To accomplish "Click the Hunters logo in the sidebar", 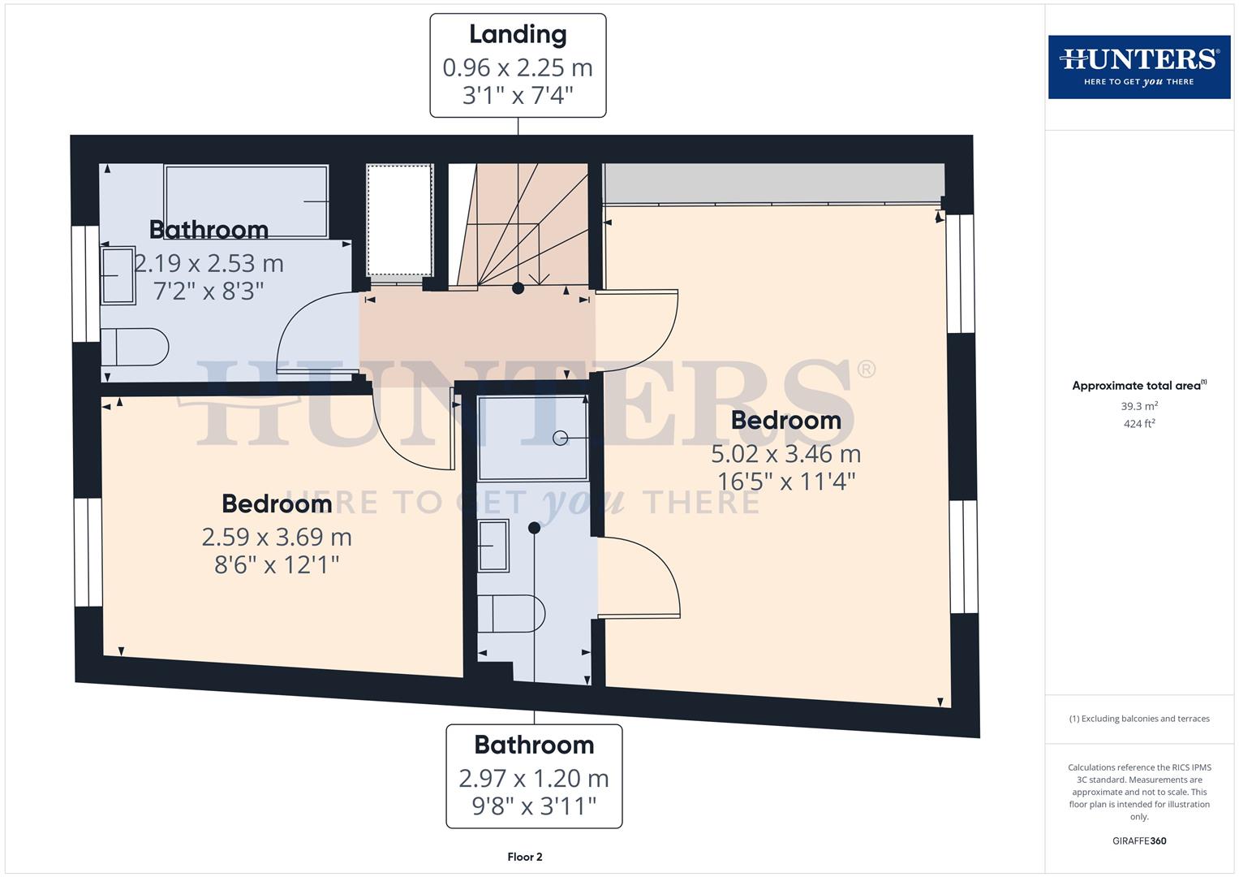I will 1138,67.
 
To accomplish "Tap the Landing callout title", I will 518,34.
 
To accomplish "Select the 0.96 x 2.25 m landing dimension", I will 518,67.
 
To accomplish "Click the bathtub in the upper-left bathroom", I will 246,201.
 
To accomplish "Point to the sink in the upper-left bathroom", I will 118,275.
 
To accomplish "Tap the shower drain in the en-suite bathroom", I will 560,438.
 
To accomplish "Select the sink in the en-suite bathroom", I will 493,546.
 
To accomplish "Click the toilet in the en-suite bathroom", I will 510,613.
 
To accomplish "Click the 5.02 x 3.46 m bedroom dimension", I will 785,453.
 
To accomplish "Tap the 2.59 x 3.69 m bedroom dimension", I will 277,537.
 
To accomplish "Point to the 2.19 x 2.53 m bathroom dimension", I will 209,263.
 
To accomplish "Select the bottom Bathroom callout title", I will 534,745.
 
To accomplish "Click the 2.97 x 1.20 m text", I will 534,778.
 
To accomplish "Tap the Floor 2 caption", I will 524,857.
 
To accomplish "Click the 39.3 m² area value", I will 1138,406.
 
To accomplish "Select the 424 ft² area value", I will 1138,424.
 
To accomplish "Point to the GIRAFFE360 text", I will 1138,840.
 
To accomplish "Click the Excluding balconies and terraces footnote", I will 1138,719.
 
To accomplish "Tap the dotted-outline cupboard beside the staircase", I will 399,220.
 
